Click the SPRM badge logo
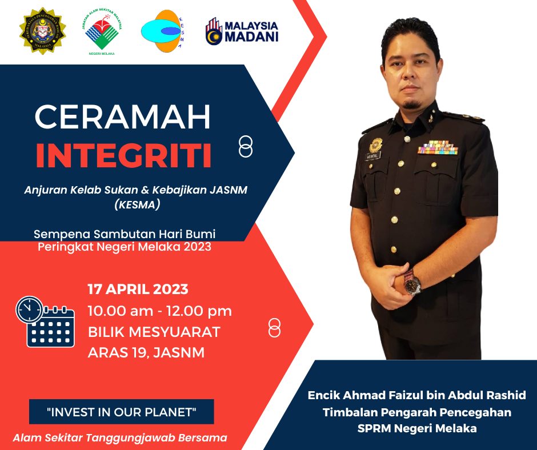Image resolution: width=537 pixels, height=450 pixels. [43, 31]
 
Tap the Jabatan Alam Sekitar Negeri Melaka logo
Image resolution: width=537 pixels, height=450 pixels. [102, 32]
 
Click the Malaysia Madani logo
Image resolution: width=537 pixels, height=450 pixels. [242, 31]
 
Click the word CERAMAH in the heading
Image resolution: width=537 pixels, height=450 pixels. [123, 116]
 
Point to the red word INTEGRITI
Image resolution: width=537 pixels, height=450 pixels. [123, 156]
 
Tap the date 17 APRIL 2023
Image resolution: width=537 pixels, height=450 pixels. [138, 290]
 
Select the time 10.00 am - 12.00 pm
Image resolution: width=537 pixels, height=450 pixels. [160, 311]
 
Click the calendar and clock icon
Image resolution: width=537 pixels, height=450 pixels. [45, 322]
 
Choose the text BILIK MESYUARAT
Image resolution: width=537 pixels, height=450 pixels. [154, 332]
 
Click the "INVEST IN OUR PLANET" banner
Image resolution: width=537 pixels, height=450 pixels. [122, 412]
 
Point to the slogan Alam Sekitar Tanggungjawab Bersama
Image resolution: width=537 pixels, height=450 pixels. [120, 437]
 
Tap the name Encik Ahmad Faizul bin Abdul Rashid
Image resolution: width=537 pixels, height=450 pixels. [417, 395]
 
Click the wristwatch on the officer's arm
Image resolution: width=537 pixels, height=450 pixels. [411, 283]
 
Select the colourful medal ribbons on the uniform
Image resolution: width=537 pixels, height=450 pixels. [438, 147]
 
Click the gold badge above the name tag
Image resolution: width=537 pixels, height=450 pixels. [376, 145]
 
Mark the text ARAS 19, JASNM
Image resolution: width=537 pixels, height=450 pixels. [146, 353]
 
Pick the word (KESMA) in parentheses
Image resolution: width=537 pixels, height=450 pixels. [137, 204]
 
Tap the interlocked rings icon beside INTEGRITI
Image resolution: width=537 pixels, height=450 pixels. [246, 147]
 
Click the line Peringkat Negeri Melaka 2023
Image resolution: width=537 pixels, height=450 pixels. [125, 247]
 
